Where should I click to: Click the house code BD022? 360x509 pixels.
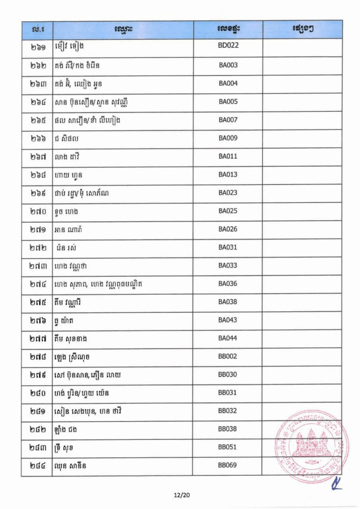tap(228, 47)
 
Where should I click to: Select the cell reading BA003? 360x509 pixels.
tap(228, 65)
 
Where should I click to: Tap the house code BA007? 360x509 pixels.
tap(228, 120)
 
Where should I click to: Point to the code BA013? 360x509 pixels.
tap(228, 174)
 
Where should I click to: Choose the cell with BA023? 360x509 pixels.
tap(228, 193)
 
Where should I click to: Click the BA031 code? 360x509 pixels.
tap(228, 248)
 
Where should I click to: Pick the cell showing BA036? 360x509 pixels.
tap(228, 284)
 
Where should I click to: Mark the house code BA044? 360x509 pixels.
tap(228, 339)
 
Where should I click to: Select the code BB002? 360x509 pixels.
tap(228, 356)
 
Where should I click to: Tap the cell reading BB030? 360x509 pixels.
tap(228, 375)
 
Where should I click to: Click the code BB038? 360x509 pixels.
tap(228, 429)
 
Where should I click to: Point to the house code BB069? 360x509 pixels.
tap(228, 466)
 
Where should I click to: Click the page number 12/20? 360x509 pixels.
tap(180, 495)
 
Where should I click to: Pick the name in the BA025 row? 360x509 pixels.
tap(67, 211)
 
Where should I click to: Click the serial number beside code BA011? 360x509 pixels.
tap(37, 157)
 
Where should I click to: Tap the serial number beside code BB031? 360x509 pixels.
tap(37, 393)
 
